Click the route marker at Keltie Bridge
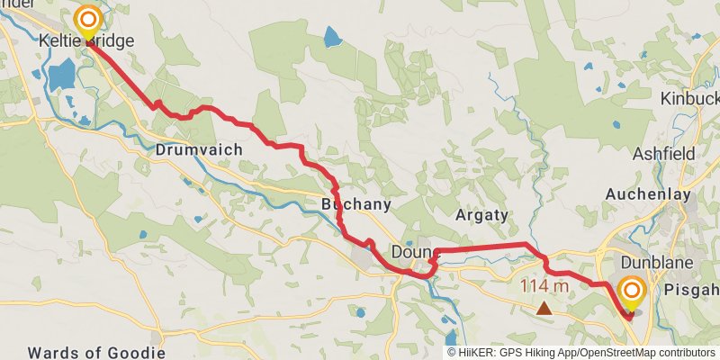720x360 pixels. tap(87, 20)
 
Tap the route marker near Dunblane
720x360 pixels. tap(632, 292)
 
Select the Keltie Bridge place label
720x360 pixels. tap(86, 41)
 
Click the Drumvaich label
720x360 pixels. tap(199, 149)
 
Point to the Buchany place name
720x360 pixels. tap(356, 204)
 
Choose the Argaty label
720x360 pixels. tap(482, 215)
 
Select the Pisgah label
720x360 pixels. tap(693, 290)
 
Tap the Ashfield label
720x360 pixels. tap(663, 154)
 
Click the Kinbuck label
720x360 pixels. tap(690, 97)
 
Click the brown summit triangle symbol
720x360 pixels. tap(544, 309)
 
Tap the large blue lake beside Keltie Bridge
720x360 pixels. tap(62, 77)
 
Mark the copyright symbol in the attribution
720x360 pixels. tap(452, 353)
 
